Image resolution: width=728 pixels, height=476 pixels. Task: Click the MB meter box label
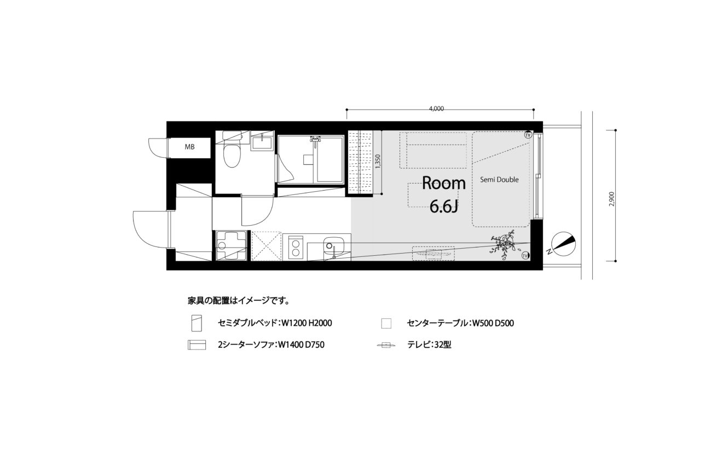(189, 147)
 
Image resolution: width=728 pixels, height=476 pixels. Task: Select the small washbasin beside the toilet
(262, 143)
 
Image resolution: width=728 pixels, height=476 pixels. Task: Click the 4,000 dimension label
(436, 109)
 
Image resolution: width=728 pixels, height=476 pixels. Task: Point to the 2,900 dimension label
(611, 199)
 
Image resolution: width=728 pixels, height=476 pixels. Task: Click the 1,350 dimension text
(377, 162)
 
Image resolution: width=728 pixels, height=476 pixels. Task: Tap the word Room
(443, 183)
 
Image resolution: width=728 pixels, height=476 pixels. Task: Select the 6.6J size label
(444, 207)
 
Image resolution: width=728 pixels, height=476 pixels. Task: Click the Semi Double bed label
(499, 180)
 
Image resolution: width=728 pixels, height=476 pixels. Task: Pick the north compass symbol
(564, 243)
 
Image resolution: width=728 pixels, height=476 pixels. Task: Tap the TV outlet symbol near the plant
(525, 256)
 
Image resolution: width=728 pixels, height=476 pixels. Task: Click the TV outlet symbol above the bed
(528, 135)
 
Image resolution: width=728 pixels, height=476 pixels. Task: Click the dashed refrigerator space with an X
(266, 246)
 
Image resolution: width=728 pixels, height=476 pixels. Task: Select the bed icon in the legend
(197, 323)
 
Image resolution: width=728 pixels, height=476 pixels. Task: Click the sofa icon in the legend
(197, 345)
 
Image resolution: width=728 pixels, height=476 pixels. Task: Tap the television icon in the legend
(386, 345)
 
